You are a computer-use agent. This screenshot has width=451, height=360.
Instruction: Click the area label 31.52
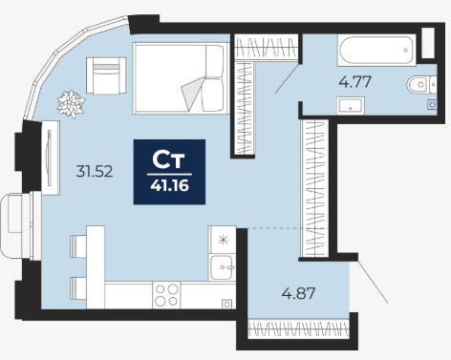click(x=95, y=172)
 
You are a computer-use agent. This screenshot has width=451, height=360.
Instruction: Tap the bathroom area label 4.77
click(x=354, y=82)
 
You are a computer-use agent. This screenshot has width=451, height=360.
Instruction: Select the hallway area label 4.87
click(x=298, y=293)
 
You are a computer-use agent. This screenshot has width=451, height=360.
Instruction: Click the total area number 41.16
click(x=169, y=185)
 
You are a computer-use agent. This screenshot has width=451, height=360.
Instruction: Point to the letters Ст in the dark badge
click(x=168, y=159)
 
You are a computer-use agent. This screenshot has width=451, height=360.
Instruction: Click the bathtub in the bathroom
click(x=376, y=51)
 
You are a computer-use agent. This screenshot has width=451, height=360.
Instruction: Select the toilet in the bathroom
click(x=421, y=85)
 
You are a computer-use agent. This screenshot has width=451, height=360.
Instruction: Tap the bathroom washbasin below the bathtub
click(x=351, y=105)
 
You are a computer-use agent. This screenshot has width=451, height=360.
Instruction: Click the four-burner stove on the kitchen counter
click(x=166, y=295)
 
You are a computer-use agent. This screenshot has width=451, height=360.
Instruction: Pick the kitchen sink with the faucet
click(x=222, y=267)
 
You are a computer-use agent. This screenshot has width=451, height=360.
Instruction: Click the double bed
click(x=181, y=78)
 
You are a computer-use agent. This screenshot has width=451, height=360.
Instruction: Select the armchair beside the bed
click(x=106, y=75)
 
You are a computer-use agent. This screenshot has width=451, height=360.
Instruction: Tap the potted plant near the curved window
click(x=71, y=104)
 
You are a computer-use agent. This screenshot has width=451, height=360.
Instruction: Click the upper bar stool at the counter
click(x=78, y=246)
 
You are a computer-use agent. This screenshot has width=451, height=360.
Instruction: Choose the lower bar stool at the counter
click(x=78, y=288)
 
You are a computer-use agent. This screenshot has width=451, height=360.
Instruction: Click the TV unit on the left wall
click(x=51, y=158)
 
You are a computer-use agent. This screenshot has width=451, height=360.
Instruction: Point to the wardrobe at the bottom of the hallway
click(x=298, y=329)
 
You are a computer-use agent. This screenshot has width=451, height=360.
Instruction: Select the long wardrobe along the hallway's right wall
click(x=314, y=188)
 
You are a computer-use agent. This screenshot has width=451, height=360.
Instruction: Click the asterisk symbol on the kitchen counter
click(x=224, y=240)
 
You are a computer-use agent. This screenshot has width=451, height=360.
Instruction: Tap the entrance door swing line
click(x=373, y=282)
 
